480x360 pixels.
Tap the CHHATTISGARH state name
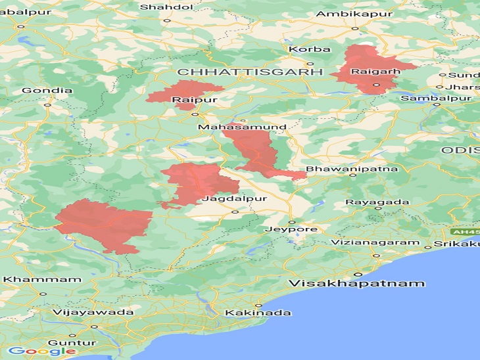[250, 71]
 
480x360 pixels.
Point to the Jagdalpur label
[228, 198]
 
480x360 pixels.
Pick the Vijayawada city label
[92, 313]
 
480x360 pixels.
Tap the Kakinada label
[258, 313]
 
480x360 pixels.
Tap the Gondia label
[47, 91]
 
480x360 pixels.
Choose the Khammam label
[42, 279]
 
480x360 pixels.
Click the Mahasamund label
[242, 127]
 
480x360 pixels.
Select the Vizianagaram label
[375, 242]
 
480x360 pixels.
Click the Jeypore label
[291, 229]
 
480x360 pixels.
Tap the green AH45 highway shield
[464, 232]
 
